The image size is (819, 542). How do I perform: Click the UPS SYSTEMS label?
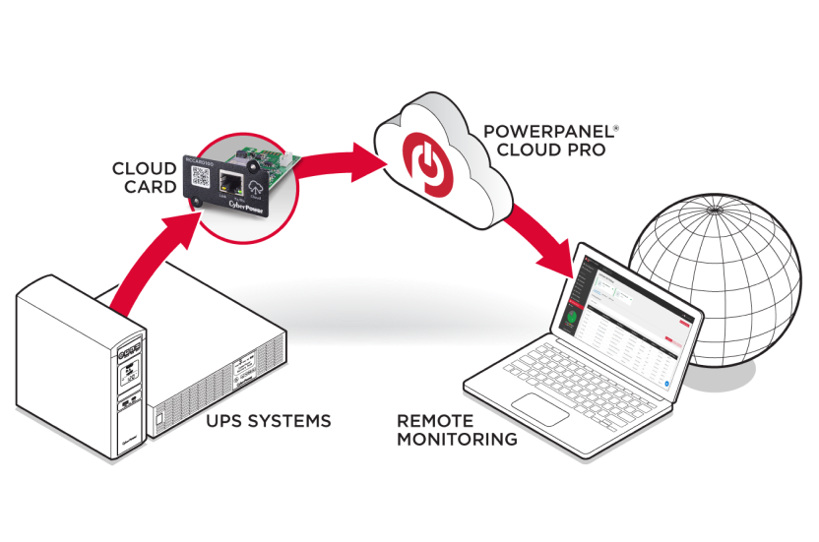pos(268,421)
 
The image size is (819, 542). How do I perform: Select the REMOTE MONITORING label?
pos(457,430)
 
